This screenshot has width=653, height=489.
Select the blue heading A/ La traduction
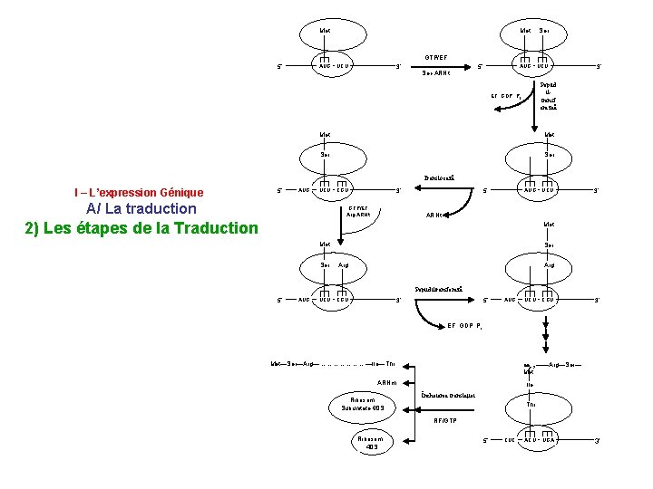[141, 208]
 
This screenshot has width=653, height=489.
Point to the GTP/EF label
[438, 56]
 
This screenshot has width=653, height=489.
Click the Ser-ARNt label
[437, 73]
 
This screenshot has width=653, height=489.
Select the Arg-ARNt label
[359, 215]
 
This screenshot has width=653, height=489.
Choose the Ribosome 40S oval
[372, 443]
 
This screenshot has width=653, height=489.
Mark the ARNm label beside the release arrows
[387, 382]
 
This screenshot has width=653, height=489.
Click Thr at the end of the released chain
[390, 364]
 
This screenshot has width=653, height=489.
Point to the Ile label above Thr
[530, 384]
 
